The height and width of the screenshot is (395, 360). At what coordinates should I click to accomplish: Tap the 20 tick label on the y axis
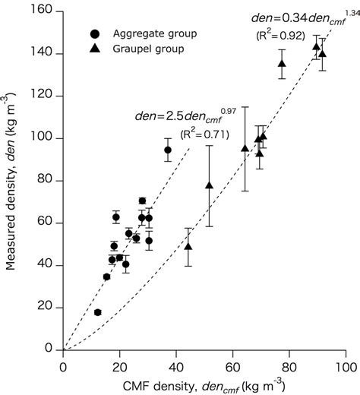coord(47,307)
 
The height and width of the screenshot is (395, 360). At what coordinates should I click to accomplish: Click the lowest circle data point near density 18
coord(97,312)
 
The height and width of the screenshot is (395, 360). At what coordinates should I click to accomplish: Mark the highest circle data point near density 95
coord(168,150)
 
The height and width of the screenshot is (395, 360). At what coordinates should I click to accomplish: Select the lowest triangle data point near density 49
coord(188,245)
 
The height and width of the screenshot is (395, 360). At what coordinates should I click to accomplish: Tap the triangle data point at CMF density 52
coord(209,185)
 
